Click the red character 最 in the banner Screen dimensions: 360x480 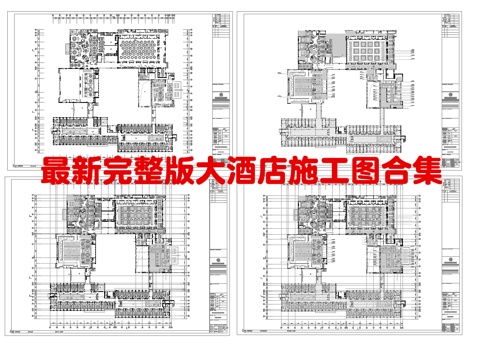[51, 171]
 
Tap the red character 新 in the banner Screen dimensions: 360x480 [83, 171]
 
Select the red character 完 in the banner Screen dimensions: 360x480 [115, 171]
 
